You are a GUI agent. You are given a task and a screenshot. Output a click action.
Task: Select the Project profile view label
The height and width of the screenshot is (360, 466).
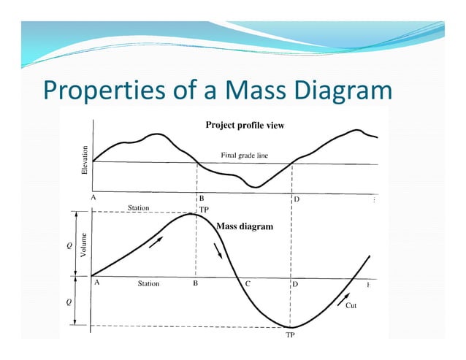245,125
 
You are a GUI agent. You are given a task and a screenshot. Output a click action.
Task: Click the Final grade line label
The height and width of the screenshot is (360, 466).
245,155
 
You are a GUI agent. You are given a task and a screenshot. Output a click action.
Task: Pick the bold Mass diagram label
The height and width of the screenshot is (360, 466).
245,226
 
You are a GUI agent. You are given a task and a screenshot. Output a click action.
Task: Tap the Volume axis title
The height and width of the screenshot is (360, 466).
85,245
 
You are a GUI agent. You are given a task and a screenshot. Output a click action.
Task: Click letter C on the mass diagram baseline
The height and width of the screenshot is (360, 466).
248,283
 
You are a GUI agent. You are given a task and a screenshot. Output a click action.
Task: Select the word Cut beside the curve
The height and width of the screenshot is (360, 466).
352,307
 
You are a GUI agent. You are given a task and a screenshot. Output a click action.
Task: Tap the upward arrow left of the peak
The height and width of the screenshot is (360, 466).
156,242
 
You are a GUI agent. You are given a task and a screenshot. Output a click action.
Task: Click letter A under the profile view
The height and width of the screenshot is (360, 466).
93,197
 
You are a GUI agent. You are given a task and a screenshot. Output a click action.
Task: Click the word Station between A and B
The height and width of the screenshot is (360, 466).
148,283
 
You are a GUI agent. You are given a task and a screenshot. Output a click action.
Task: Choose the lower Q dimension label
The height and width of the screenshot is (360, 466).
69,302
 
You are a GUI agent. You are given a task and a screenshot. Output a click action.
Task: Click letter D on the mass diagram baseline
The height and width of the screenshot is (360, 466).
295,283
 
